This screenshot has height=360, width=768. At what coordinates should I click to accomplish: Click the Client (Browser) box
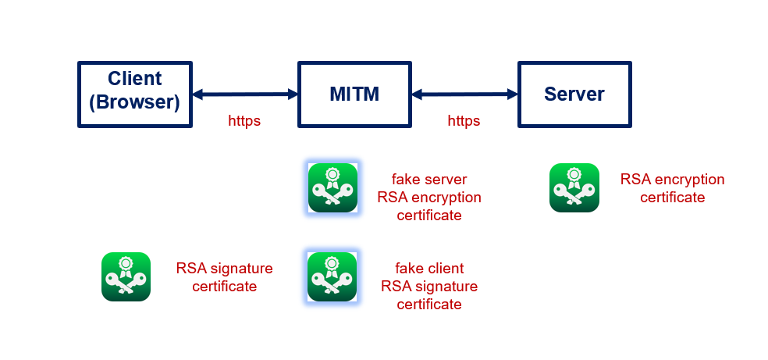click(x=134, y=94)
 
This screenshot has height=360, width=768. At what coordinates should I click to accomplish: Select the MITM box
click(x=354, y=94)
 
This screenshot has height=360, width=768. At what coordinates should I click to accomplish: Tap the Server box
click(x=574, y=94)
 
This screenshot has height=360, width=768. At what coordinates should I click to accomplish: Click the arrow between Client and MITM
click(x=244, y=94)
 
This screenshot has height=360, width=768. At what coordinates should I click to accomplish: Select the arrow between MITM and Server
click(x=465, y=94)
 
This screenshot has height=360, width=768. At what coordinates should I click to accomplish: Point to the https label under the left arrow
click(x=244, y=121)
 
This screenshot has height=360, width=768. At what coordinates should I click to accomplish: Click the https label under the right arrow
click(x=464, y=121)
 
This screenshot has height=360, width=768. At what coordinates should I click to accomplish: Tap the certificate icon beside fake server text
click(x=332, y=188)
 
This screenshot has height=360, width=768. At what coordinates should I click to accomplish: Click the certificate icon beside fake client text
click(x=332, y=276)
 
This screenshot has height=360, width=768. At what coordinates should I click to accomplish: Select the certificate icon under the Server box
click(x=574, y=187)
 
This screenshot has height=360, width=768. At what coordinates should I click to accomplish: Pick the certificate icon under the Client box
click(x=126, y=276)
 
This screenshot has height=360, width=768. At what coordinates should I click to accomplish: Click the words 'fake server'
click(x=429, y=180)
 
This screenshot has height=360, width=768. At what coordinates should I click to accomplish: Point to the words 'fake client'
click(x=429, y=268)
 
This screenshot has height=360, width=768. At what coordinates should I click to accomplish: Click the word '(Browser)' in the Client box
click(x=134, y=102)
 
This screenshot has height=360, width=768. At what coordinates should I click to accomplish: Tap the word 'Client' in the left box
click(x=134, y=79)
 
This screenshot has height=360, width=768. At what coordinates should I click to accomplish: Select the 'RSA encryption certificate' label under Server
click(x=672, y=188)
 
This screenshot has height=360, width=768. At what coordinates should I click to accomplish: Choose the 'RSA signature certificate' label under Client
click(x=225, y=277)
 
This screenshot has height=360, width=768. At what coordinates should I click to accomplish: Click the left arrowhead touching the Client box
click(x=197, y=94)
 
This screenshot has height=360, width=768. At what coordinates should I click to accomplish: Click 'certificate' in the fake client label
click(x=429, y=304)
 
